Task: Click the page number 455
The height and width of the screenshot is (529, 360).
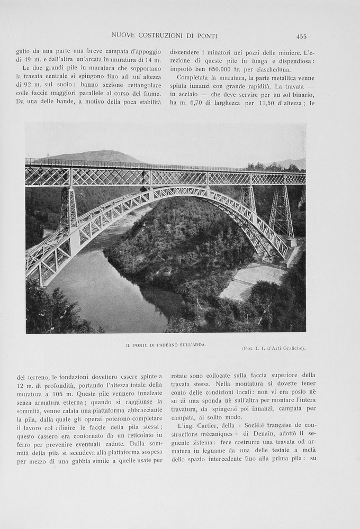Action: (x=301, y=36)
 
